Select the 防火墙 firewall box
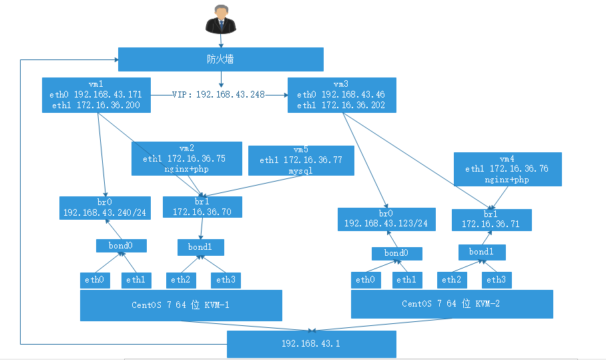(x=220, y=59)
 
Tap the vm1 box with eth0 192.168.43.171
(x=95, y=96)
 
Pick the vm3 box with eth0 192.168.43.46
(x=340, y=96)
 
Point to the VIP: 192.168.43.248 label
(x=218, y=95)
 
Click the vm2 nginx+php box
(x=186, y=159)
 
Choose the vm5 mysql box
(x=300, y=160)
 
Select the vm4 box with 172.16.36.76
(x=507, y=169)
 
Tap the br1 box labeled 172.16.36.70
(x=202, y=206)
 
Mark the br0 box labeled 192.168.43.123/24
(x=386, y=218)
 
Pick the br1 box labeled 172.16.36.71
(x=491, y=219)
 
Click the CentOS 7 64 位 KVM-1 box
(x=181, y=305)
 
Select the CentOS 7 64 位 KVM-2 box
(x=452, y=303)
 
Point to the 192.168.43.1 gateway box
(x=311, y=344)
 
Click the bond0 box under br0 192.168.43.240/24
(x=121, y=246)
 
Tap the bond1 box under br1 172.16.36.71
(x=481, y=252)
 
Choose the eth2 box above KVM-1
(x=181, y=280)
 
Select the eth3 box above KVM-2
(x=497, y=280)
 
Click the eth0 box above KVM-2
(x=366, y=280)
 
